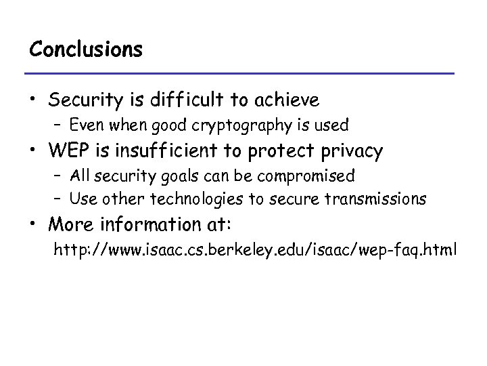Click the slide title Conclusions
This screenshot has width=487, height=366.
[x=86, y=49]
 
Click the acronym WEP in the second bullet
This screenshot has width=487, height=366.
[x=68, y=150]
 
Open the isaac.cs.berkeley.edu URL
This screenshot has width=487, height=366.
[x=256, y=250]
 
